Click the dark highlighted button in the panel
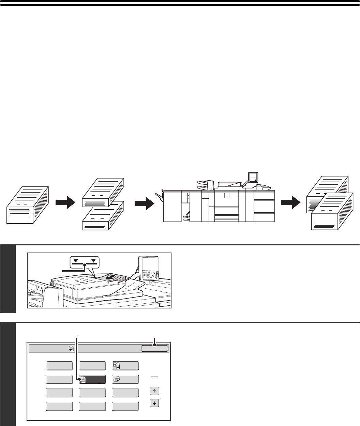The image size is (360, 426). pyautogui.click(x=92, y=379)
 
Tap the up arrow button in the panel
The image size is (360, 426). pyautogui.click(x=155, y=391)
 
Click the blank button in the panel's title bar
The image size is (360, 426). pyautogui.click(x=155, y=348)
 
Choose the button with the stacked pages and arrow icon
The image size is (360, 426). pyautogui.click(x=125, y=379)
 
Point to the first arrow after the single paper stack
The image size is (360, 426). pyautogui.click(x=65, y=203)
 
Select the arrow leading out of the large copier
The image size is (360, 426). pyautogui.click(x=291, y=203)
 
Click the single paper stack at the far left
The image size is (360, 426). pyautogui.click(x=28, y=205)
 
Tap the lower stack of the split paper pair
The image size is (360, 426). pyautogui.click(x=103, y=215)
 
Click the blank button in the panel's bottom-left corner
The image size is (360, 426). pyautogui.click(x=59, y=406)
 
